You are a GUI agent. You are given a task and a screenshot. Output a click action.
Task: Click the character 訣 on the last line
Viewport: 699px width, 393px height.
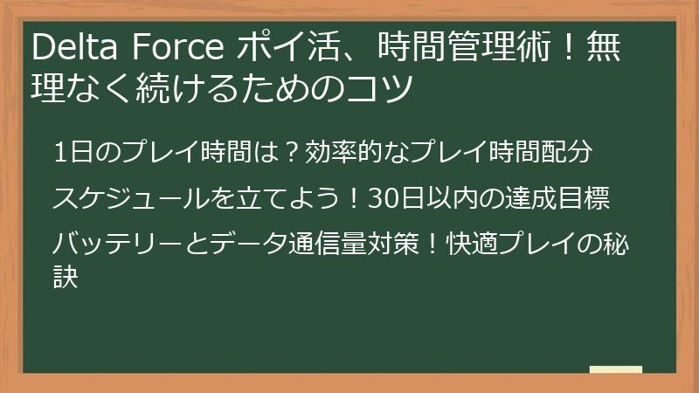[x=66, y=278]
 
